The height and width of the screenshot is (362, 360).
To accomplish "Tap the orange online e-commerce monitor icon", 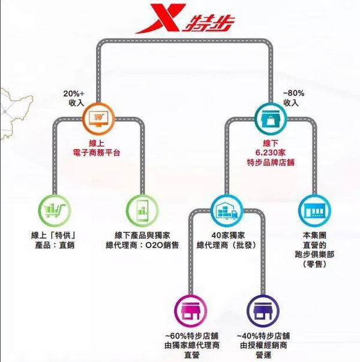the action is (x=99, y=119).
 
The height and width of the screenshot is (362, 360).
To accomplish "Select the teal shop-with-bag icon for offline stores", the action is (x=271, y=119).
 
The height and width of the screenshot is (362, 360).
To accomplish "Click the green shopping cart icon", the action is (x=55, y=210).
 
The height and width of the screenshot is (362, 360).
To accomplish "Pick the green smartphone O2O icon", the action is (x=142, y=210).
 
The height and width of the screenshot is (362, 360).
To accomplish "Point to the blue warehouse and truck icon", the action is (x=227, y=210).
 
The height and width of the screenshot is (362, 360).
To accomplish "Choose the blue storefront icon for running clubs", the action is (x=314, y=210).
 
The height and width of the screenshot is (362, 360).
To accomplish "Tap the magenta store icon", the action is (x=191, y=310).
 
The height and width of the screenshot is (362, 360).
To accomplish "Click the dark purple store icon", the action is (x=263, y=310).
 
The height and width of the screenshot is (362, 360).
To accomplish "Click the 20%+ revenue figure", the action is (x=74, y=93).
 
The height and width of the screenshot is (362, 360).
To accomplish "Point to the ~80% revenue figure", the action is (x=293, y=93).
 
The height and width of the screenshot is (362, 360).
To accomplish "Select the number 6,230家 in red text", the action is (x=271, y=153).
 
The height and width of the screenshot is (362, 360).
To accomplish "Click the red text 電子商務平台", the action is (x=97, y=153).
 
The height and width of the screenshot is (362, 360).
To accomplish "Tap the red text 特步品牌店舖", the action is (x=271, y=162).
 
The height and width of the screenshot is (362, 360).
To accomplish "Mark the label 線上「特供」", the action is (x=53, y=236).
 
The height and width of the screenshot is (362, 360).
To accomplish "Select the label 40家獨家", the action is (x=228, y=236).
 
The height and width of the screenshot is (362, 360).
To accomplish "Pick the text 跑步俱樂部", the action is (x=314, y=255).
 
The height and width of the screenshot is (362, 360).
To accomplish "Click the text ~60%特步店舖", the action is (x=191, y=336).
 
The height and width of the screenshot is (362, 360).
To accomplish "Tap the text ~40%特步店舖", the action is (x=263, y=336).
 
